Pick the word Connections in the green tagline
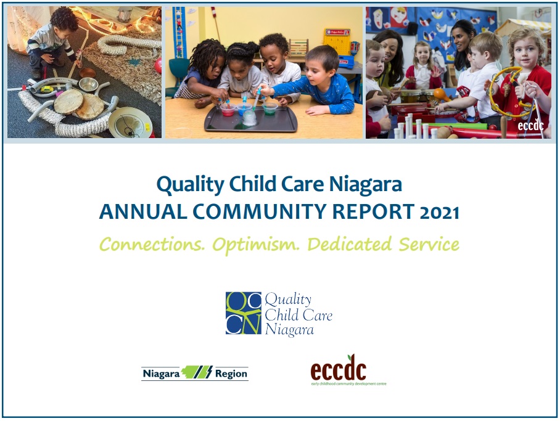pos(152,245)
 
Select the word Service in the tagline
pos(429,245)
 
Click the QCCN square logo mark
pos(244,313)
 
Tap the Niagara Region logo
pos(195,373)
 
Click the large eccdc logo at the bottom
pos(338,372)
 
